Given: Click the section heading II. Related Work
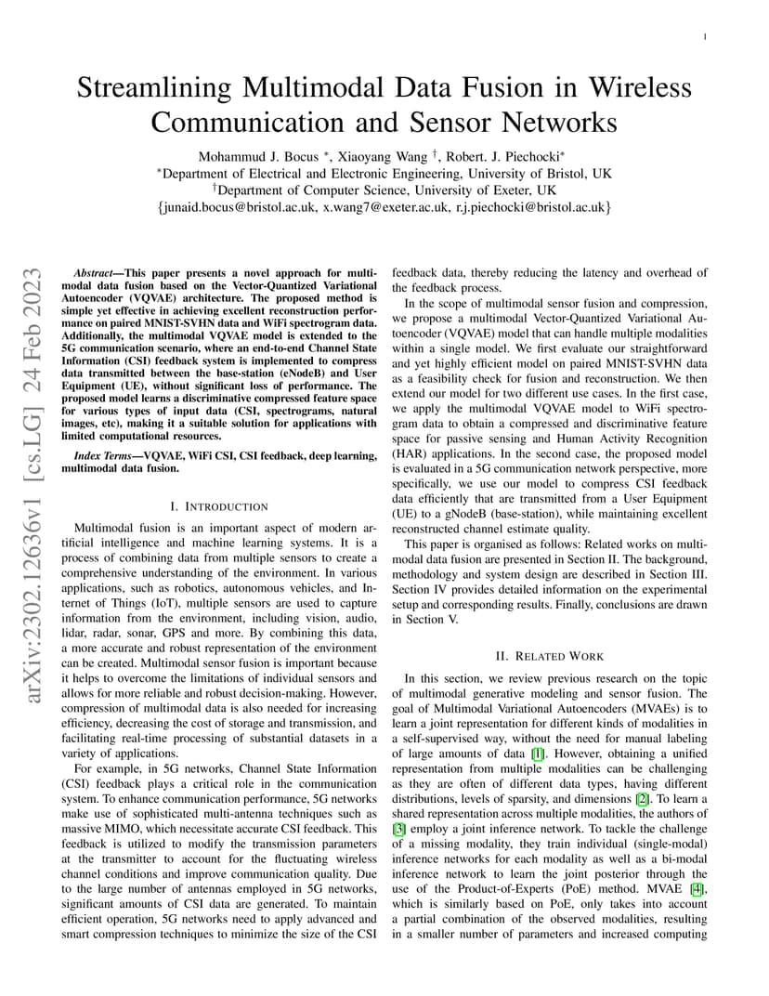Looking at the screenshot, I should [x=549, y=656].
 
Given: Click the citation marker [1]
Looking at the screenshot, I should [x=537, y=754].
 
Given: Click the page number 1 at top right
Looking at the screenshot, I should [x=705, y=37].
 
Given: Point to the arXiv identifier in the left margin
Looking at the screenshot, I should [x=33, y=483].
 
